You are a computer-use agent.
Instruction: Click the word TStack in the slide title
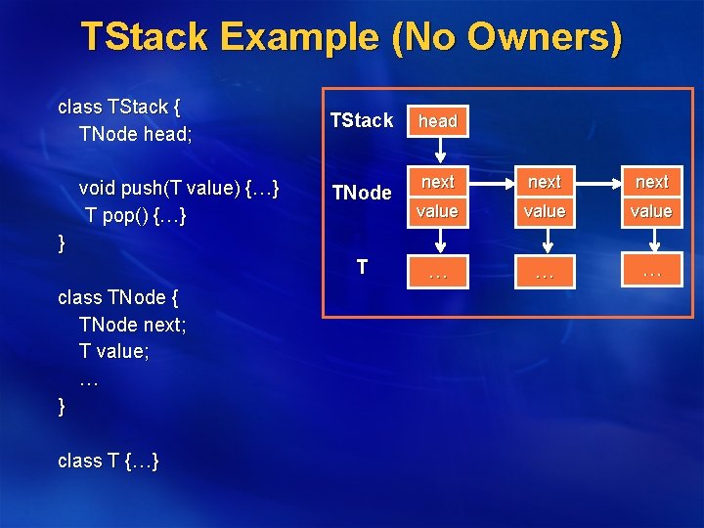coord(145,37)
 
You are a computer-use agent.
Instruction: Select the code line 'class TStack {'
coord(124,106)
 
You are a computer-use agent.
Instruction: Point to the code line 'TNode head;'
coord(135,134)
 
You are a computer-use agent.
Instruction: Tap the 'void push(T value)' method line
coord(179,187)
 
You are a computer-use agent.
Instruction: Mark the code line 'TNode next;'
coord(132,325)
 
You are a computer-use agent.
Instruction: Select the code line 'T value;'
coord(114,352)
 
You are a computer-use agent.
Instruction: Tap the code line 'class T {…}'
coord(109,461)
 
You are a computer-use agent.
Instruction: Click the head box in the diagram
coord(438,121)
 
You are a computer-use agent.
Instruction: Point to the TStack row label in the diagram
coord(361,120)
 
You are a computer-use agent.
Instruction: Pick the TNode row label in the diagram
coord(361,193)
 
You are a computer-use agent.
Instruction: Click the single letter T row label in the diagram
coord(362,266)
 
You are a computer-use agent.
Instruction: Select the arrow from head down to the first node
coord(438,151)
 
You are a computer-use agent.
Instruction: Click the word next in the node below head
coord(438,182)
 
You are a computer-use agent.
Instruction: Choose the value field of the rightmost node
coord(651,211)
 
